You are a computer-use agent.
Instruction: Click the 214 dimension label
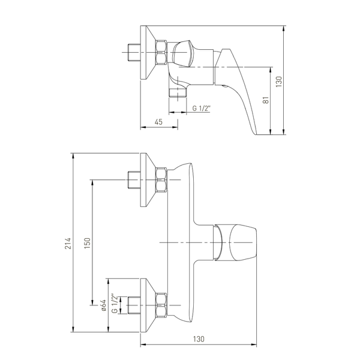click(68, 243)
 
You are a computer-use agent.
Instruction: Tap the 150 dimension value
click(88, 243)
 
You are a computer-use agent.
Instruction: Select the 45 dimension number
click(158, 122)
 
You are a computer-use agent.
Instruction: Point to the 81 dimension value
click(266, 100)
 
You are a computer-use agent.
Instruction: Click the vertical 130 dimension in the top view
click(278, 82)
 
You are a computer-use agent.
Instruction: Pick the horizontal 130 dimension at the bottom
click(199, 339)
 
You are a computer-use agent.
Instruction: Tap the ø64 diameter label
click(104, 305)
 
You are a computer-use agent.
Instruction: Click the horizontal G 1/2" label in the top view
click(202, 108)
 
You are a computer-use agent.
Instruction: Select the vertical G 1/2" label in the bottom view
click(115, 303)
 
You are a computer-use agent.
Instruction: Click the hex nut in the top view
click(161, 52)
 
